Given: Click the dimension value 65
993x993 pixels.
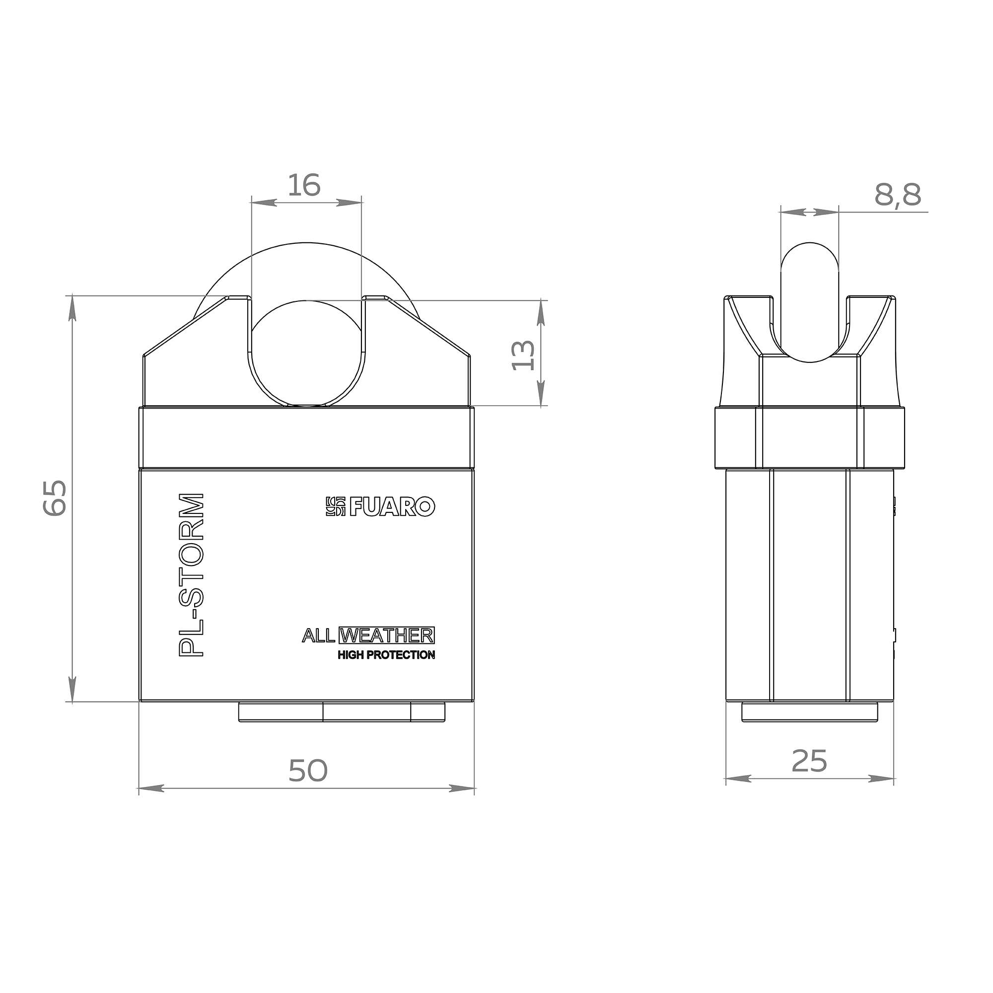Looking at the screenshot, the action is pos(55,497).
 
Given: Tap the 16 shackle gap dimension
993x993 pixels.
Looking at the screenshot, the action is pos(304,185).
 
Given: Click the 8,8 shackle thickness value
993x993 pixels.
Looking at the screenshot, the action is pos(898,195).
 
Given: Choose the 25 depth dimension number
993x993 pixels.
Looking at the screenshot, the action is pos(809,761).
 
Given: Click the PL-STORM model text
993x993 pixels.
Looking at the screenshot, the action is pos(191,575).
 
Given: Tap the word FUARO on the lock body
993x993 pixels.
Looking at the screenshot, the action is pos(393,507).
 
